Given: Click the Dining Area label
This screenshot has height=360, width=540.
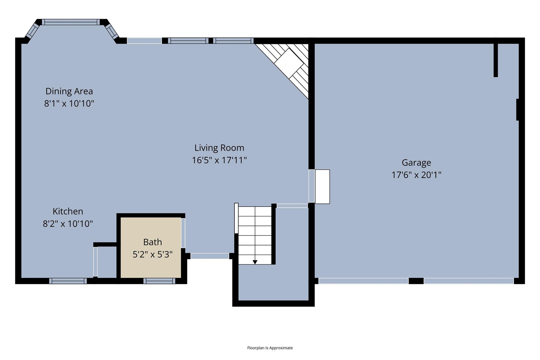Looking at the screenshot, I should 69,91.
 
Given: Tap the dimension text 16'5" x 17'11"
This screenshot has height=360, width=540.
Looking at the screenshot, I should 219,160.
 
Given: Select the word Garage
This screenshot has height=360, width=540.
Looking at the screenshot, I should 416,162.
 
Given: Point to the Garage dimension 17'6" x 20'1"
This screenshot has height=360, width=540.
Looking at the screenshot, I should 416,175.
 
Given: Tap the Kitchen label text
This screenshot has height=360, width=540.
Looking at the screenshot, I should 68,211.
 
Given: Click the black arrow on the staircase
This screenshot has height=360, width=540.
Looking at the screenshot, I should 255,262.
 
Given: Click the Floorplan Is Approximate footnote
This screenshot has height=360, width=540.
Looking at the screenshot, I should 270,348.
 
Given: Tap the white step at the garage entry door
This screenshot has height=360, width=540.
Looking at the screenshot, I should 322,186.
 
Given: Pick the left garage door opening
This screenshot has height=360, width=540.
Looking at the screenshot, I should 363,281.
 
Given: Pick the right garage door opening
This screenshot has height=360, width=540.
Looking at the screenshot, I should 469,281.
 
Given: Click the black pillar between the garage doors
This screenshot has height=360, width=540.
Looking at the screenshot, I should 416,281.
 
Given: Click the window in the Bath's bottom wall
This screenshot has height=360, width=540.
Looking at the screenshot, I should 159,281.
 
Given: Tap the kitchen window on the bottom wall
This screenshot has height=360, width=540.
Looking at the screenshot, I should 68,281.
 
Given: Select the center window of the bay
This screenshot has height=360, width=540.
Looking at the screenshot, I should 71,22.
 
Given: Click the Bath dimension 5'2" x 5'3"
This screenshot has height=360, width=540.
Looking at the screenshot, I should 152,255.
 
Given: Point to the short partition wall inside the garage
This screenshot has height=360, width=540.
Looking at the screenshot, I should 495,60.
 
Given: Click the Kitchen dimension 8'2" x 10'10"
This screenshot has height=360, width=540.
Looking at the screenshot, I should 68,224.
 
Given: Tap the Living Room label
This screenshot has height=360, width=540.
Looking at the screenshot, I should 219,148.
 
